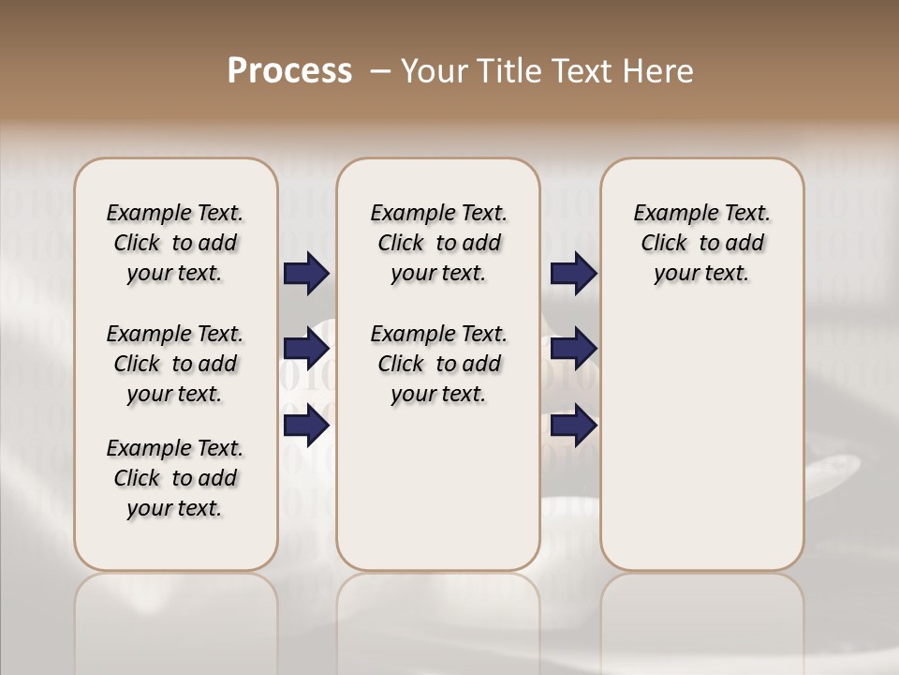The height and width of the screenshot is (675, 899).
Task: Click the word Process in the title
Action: [x=289, y=71]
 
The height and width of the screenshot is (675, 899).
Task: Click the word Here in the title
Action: [x=659, y=71]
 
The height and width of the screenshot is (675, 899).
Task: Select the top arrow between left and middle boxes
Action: [x=306, y=274]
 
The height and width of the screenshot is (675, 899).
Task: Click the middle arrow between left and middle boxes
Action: [x=306, y=350]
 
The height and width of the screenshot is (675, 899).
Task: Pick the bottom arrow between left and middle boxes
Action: [x=306, y=426]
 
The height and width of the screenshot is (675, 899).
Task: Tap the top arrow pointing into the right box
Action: [x=573, y=274]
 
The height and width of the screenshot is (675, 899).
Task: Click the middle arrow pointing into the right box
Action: [x=573, y=350]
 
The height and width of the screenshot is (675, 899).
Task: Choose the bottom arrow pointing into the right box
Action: [x=573, y=426]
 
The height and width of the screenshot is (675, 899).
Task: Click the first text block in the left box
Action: [x=175, y=243]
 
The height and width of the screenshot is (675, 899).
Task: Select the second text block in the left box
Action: [x=175, y=364]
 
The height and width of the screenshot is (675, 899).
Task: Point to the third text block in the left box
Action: [x=175, y=478]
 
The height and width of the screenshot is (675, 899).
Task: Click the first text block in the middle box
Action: [x=438, y=243]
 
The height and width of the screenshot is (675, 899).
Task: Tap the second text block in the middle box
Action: [x=438, y=364]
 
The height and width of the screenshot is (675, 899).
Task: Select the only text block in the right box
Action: [x=701, y=243]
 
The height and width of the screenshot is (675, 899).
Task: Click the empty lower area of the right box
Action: [x=701, y=441]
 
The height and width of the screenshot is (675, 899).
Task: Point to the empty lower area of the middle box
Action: [x=438, y=487]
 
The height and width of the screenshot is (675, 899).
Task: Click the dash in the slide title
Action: [x=380, y=71]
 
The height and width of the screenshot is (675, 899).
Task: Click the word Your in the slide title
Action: [x=431, y=71]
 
